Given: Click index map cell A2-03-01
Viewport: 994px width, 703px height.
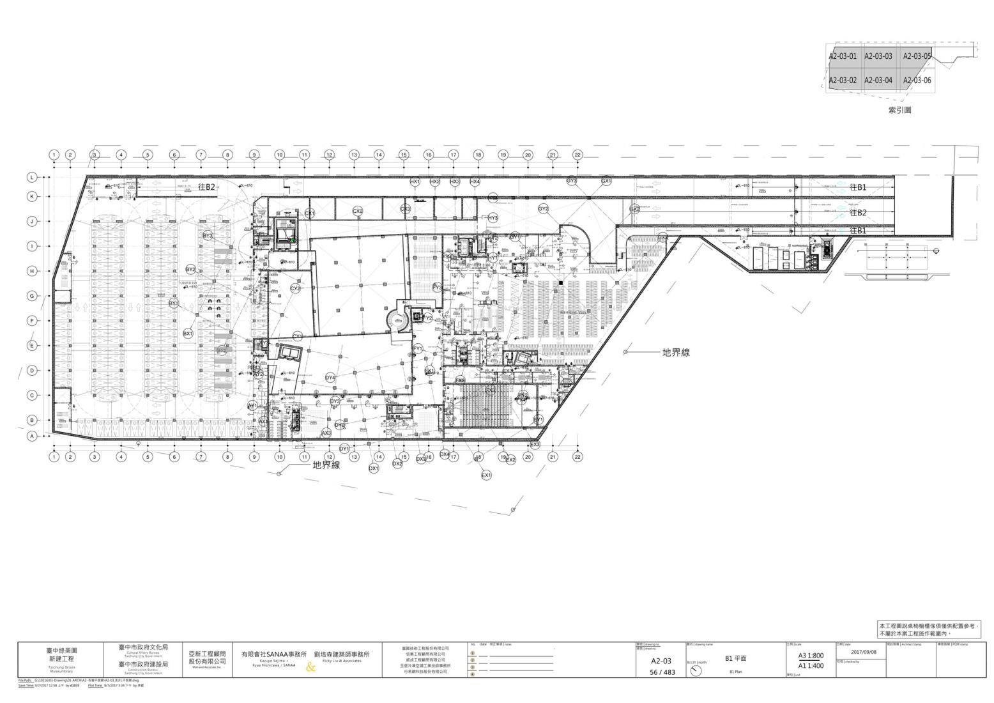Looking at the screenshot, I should (842, 56).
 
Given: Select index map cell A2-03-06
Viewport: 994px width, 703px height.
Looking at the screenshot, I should (917, 81).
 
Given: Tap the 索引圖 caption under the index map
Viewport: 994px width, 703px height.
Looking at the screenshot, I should (899, 110).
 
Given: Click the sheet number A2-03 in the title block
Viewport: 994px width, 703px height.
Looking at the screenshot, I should (661, 661).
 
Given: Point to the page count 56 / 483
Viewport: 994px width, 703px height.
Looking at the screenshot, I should (662, 672).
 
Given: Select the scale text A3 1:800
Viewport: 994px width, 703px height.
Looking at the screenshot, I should (811, 656).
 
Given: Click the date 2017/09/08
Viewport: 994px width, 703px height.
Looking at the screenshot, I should (864, 653).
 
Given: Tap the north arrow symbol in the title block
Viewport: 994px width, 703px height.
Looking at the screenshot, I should (696, 671).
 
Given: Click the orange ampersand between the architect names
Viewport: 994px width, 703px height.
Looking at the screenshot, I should (311, 667).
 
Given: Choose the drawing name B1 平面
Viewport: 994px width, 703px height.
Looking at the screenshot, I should (735, 658).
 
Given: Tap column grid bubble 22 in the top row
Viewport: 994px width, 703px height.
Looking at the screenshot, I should (577, 155).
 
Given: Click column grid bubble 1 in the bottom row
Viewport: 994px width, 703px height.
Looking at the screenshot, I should (54, 457).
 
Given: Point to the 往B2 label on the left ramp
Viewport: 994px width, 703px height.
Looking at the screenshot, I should (206, 187).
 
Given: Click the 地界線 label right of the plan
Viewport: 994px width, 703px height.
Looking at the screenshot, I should (676, 352).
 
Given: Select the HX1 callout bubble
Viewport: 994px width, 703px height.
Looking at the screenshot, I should (415, 182).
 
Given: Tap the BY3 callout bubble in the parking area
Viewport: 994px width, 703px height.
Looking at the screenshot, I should (208, 236).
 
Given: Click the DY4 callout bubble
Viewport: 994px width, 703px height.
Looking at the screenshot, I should (330, 378).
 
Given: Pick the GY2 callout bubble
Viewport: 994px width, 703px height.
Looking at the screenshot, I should (543, 209).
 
